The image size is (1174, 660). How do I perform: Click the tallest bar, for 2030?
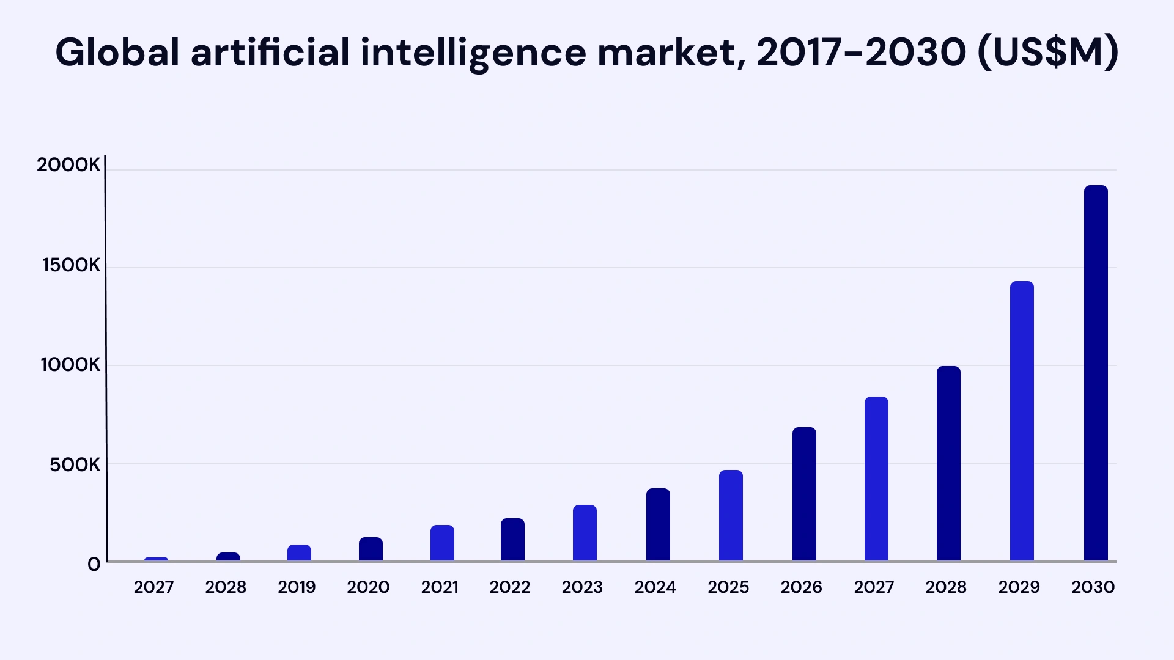[x=1096, y=373]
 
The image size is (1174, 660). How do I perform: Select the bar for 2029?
[x=1022, y=421]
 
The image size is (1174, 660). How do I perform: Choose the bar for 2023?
[x=585, y=533]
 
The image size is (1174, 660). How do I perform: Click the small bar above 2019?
[x=299, y=552]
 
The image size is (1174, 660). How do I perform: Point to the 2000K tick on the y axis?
[x=68, y=165]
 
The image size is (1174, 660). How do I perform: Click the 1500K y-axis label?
[x=71, y=265]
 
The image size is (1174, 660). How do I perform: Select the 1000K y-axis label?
[x=70, y=365]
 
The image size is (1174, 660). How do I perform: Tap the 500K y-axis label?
[x=75, y=465]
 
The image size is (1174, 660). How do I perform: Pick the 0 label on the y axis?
[x=94, y=564]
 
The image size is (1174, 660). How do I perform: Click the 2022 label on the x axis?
[x=509, y=587]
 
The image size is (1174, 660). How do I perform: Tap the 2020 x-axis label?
[x=368, y=587]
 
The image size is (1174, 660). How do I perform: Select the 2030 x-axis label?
[x=1093, y=587]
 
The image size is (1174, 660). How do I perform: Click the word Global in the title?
[x=117, y=52]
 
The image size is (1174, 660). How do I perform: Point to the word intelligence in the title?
[x=473, y=52]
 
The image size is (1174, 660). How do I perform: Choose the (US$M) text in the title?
[x=1048, y=52]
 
